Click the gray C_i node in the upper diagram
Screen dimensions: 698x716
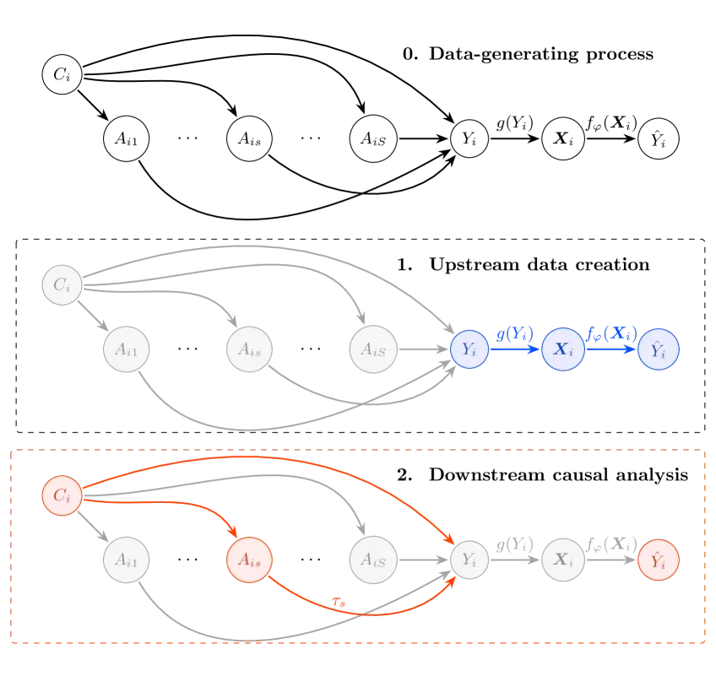pos(62,285)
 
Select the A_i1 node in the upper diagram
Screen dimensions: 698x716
pos(127,349)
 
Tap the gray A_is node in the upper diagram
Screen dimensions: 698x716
pos(250,349)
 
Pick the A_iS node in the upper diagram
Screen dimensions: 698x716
pos(373,349)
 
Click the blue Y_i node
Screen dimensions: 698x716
pos(469,349)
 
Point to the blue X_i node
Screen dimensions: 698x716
pos(563,349)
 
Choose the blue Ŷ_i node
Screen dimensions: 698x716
pos(659,349)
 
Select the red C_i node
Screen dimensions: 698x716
pos(62,495)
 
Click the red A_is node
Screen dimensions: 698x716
pos(250,559)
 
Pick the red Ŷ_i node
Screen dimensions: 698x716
pos(659,559)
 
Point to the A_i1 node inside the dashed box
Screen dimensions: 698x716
pos(127,559)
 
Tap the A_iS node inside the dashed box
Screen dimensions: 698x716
pos(373,559)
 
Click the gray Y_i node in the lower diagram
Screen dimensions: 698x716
pos(469,559)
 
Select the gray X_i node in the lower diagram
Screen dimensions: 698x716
pos(563,559)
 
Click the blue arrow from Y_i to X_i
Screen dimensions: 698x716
pos(515,349)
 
